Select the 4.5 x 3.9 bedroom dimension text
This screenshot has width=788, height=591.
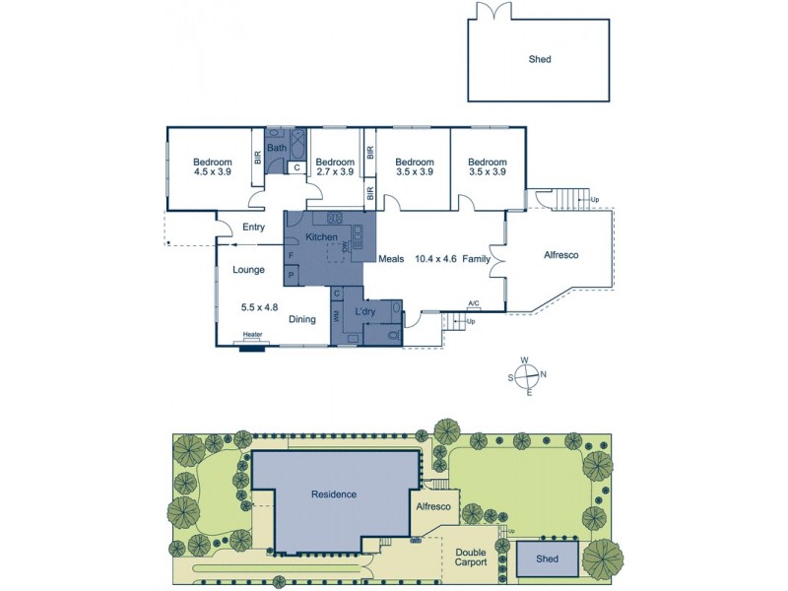[212, 172]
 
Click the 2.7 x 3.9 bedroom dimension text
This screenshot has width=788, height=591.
[335, 172]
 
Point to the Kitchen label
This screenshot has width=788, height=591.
[322, 237]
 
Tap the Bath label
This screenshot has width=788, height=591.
[277, 149]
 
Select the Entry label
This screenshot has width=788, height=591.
[253, 228]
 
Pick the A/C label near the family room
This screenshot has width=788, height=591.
[474, 303]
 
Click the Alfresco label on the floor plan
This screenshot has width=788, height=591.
[560, 254]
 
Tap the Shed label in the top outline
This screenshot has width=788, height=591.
[539, 59]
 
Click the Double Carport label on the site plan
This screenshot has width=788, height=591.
[471, 558]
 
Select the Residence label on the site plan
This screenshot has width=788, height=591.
[334, 493]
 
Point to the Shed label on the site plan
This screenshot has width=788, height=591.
[547, 558]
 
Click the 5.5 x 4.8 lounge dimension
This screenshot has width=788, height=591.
[260, 307]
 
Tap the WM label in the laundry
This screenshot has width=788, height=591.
[337, 316]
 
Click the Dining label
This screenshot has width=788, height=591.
[302, 319]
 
